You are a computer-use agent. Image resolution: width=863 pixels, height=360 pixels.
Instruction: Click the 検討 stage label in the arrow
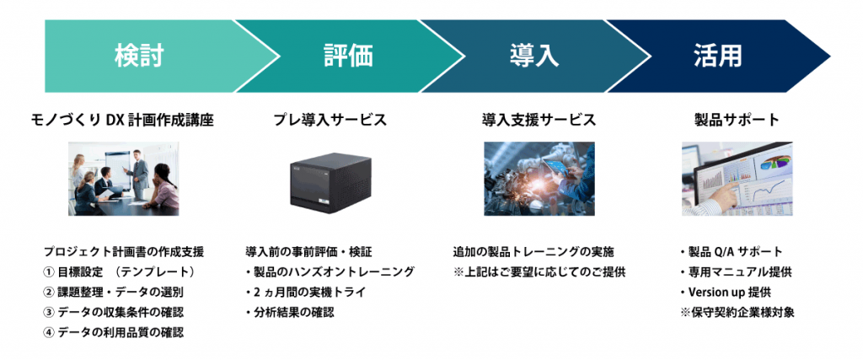tap(138, 57)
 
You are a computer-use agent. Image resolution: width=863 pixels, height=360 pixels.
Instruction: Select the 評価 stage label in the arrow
tap(347, 57)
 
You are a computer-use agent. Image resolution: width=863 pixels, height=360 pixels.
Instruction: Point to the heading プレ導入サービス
tap(330, 121)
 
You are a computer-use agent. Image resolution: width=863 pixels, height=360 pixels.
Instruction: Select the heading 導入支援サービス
tap(533, 121)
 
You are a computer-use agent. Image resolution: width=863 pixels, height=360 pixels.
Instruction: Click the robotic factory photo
tap(539, 179)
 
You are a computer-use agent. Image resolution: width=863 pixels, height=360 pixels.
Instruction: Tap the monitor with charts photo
tap(737, 179)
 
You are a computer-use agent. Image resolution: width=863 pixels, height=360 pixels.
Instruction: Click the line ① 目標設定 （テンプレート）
tap(119, 271)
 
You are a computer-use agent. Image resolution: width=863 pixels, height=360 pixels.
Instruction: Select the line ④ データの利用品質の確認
tap(114, 332)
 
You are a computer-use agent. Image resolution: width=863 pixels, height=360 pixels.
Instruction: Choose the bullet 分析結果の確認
tap(289, 312)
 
